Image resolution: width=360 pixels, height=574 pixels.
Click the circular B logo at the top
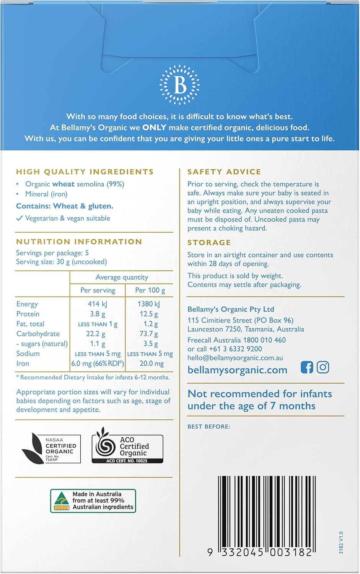pyautogui.click(x=179, y=85)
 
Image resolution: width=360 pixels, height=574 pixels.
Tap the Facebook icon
pyautogui.click(x=306, y=367)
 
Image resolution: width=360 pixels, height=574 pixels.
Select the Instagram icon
pyautogui.click(x=323, y=367)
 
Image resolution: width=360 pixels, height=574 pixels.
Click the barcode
pyautogui.click(x=267, y=514)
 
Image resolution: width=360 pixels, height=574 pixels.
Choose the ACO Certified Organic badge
pyautogui.click(x=127, y=448)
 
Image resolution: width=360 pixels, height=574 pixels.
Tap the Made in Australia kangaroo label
pyautogui.click(x=93, y=501)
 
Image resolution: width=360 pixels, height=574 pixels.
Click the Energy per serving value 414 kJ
pyautogui.click(x=98, y=304)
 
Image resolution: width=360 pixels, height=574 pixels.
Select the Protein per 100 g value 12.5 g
pyautogui.click(x=149, y=314)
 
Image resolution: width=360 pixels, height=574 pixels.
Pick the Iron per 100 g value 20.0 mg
pyautogui.click(x=151, y=364)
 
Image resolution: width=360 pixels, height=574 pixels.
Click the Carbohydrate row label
pyautogui.click(x=38, y=334)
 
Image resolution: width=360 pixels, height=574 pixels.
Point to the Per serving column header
pyautogui.click(x=98, y=290)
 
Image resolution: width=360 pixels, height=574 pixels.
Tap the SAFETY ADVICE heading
pyautogui.click(x=224, y=172)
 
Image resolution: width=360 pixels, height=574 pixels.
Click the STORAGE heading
pyautogui.click(x=209, y=243)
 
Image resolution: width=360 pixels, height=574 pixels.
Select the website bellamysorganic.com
pyautogui.click(x=237, y=370)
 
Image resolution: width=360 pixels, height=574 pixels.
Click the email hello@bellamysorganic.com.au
pyautogui.click(x=235, y=358)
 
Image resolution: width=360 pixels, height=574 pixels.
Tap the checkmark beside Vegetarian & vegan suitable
pyautogui.click(x=19, y=219)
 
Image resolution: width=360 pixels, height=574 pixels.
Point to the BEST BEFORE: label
pyautogui.click(x=209, y=426)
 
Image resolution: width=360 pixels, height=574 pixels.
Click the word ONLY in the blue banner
pyautogui.click(x=154, y=127)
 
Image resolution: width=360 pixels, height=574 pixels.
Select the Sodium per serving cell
pyautogui.click(x=98, y=354)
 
